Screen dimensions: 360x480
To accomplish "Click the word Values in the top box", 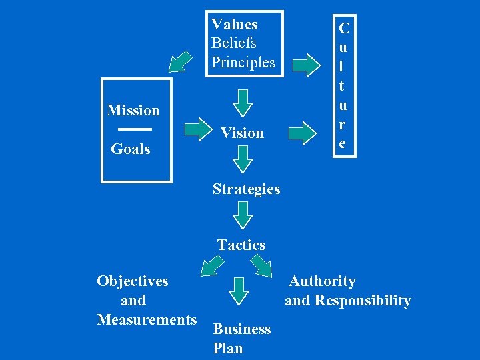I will tap(234, 25).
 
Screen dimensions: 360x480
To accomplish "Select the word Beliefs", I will tap(234, 43).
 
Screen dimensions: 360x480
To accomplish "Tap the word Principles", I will tap(243, 63).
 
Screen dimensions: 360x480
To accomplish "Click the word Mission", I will tap(133, 110).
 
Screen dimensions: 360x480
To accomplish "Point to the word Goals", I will tap(130, 149).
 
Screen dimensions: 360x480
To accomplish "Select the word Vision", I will tap(242, 133).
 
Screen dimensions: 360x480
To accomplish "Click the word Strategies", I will tap(247, 189).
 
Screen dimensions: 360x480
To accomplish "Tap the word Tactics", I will tap(241, 245).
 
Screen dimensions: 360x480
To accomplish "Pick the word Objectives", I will tap(133, 281).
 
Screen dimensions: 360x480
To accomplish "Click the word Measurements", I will tap(147, 320).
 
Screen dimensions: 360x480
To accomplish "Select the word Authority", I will tap(322, 281).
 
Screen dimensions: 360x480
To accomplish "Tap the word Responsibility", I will tap(363, 301).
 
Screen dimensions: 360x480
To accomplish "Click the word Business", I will tap(241, 329).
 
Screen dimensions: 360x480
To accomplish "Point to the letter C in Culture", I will tap(345, 29).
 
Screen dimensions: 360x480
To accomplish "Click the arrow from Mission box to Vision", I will tap(197, 129).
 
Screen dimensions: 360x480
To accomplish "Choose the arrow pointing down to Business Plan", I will tap(239, 289).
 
